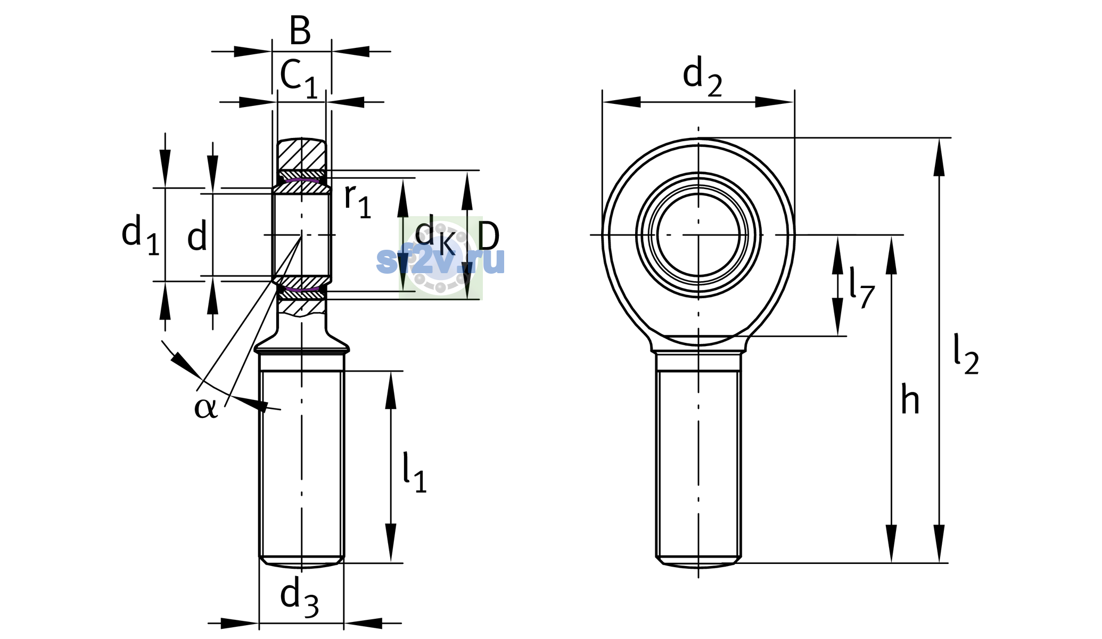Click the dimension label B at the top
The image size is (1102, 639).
(x=300, y=30)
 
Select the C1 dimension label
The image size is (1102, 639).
(x=299, y=78)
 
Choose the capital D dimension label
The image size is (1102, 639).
(x=489, y=236)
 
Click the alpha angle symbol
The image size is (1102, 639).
(x=206, y=408)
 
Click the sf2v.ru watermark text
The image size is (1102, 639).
(x=441, y=260)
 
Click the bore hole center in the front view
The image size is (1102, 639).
(x=698, y=234)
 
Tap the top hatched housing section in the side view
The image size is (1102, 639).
(x=301, y=154)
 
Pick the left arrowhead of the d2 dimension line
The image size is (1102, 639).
(x=621, y=102)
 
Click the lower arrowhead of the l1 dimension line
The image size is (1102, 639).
(x=391, y=543)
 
